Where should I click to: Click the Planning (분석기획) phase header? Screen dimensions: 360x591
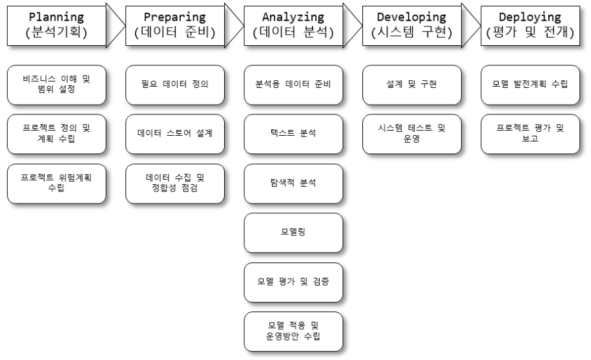57,25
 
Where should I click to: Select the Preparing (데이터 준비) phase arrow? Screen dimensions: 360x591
174,25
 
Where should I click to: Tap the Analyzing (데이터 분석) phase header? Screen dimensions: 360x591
294,25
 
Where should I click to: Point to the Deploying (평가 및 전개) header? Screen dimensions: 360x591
532,25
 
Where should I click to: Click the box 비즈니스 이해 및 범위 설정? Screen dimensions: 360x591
57,85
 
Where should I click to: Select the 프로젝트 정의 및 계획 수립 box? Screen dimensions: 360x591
57,133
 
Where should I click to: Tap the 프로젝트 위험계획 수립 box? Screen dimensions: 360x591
57,183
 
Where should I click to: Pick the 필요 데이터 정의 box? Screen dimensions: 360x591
175,85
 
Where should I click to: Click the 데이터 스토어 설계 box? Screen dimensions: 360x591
175,133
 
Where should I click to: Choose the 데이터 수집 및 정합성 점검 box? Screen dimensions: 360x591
175,183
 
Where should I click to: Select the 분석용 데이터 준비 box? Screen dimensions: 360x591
294,85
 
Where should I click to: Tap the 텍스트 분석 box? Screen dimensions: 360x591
294,133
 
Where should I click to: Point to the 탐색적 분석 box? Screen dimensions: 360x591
294,183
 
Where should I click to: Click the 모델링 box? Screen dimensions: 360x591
294,233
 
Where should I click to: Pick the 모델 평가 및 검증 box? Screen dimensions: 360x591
294,282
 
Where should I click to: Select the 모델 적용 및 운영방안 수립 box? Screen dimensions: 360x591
294,331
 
